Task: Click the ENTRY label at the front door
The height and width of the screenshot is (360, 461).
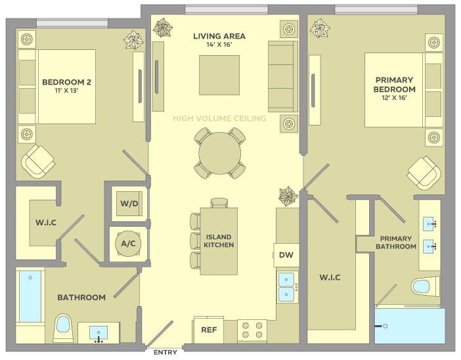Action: tap(165, 352)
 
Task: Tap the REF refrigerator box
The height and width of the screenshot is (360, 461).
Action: tap(209, 330)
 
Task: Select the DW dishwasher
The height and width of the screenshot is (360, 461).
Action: tap(286, 255)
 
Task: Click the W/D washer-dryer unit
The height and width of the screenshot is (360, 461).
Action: tap(129, 204)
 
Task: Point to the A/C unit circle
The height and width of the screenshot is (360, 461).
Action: tap(128, 244)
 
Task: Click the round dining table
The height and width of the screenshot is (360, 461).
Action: tap(219, 153)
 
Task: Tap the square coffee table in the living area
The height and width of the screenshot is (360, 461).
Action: tap(219, 76)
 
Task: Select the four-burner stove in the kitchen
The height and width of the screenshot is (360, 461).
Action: tap(252, 330)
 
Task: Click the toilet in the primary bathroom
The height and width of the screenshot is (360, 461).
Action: tap(426, 286)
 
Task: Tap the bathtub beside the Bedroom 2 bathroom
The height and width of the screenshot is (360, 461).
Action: tap(30, 296)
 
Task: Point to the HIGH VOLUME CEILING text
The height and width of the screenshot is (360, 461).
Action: tap(219, 118)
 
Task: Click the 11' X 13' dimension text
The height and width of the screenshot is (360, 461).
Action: tap(66, 91)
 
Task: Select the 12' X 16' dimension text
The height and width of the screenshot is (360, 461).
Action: tap(394, 98)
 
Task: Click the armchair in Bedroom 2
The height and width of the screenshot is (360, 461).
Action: tap(38, 161)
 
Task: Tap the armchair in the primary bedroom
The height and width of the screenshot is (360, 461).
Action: tap(424, 173)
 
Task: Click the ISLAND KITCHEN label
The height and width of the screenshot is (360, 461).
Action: tap(219, 241)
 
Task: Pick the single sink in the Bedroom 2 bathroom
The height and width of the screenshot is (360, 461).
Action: tap(99, 333)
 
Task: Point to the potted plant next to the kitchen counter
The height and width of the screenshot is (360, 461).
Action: tap(288, 196)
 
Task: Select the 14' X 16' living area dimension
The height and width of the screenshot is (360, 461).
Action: tap(219, 45)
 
